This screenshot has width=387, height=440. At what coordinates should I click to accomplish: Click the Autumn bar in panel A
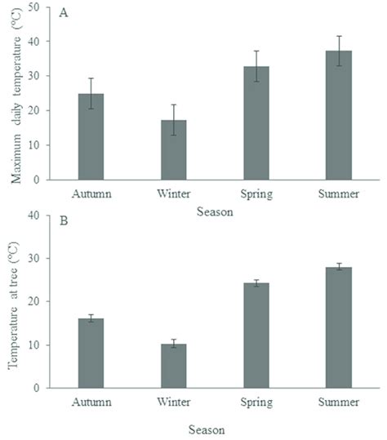[91, 137]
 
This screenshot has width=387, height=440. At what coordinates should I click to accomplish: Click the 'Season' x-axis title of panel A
[215, 212]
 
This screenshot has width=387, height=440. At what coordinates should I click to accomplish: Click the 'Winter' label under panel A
[173, 196]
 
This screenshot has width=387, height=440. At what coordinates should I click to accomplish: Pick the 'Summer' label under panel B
[338, 403]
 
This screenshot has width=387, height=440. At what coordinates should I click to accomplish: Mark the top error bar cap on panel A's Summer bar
[338, 36]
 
